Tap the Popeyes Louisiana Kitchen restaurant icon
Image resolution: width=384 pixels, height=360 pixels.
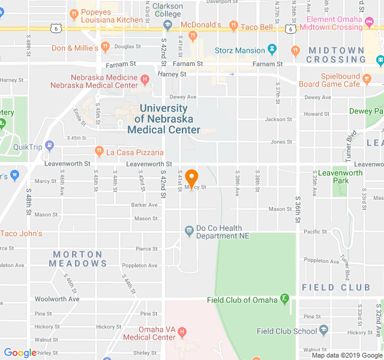pyautogui.click(x=73, y=13)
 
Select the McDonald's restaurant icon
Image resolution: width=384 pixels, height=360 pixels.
pyautogui.click(x=193, y=35)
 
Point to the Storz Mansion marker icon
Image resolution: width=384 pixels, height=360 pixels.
pyautogui.click(x=273, y=49)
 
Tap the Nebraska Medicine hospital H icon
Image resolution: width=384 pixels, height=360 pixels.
pyautogui.click(x=145, y=79)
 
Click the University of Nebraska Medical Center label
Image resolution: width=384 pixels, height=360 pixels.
pyautogui.click(x=163, y=119)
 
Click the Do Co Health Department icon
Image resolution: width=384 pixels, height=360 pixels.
pyautogui.click(x=189, y=230)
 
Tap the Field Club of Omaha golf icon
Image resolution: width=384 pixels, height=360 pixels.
pyautogui.click(x=285, y=298)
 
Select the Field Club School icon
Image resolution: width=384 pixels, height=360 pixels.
pyautogui.click(x=324, y=329)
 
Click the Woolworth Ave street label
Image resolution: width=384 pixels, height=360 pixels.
pyautogui.click(x=57, y=299)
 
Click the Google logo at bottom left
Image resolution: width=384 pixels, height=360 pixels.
pyautogui.click(x=20, y=353)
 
